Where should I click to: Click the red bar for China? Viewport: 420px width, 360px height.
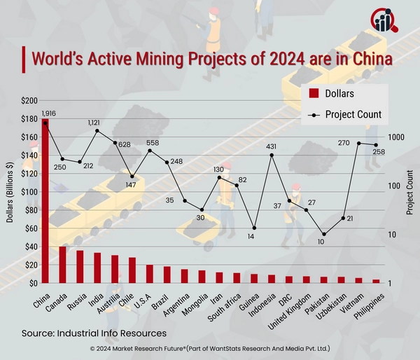45,203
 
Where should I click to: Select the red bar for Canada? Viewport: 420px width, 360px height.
62,265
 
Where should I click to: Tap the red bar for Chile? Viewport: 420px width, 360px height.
132,270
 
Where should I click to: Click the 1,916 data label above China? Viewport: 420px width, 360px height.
48,113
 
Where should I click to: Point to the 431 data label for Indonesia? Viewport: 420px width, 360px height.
272,146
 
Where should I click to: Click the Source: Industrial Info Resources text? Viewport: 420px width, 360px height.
94,333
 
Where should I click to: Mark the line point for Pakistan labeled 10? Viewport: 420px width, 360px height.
323,234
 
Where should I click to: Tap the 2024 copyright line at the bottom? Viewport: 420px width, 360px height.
210,348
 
